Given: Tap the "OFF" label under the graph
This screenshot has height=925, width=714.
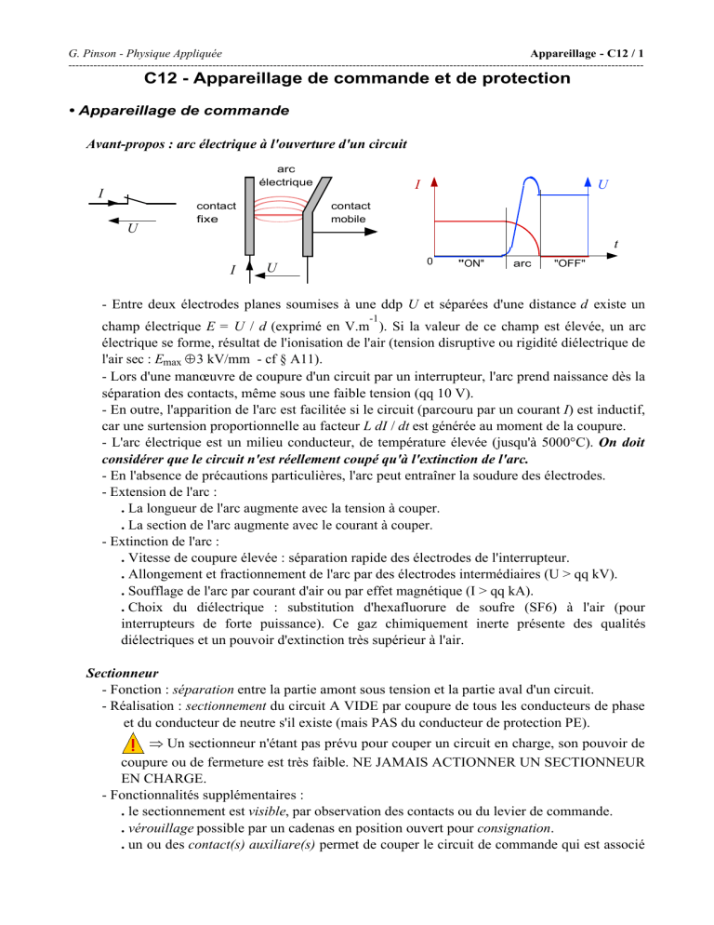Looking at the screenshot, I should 568,263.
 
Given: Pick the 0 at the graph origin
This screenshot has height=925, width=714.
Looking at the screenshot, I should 429,261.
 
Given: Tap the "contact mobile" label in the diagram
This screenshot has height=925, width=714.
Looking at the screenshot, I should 350,211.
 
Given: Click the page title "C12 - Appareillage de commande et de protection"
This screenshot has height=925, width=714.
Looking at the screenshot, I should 358,79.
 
